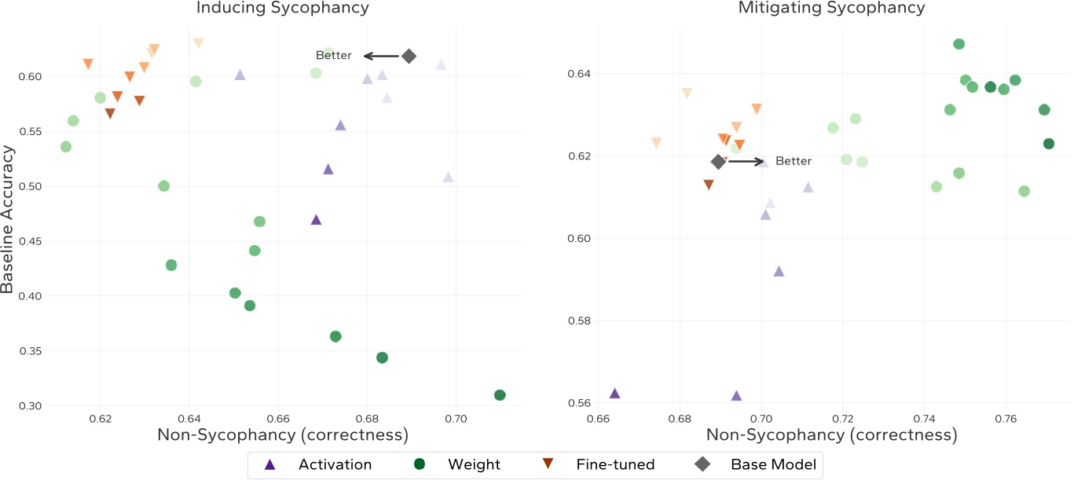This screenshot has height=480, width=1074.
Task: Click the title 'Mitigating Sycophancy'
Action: [x=832, y=9]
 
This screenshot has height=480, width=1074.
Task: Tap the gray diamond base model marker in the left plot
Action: [x=409, y=56]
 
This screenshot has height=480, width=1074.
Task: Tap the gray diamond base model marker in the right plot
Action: [x=718, y=161]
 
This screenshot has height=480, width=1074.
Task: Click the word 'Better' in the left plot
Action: [x=334, y=56]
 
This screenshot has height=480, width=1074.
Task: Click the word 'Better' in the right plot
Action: [x=794, y=161]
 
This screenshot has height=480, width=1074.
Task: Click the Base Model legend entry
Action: [x=756, y=464]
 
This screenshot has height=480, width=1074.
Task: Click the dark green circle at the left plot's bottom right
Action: [x=500, y=395]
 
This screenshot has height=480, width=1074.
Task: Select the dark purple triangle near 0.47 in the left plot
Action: [x=316, y=220]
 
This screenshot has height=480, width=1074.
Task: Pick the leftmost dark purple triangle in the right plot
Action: [x=614, y=394]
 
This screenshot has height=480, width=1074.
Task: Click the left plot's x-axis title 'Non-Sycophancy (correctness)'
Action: [x=283, y=435]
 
